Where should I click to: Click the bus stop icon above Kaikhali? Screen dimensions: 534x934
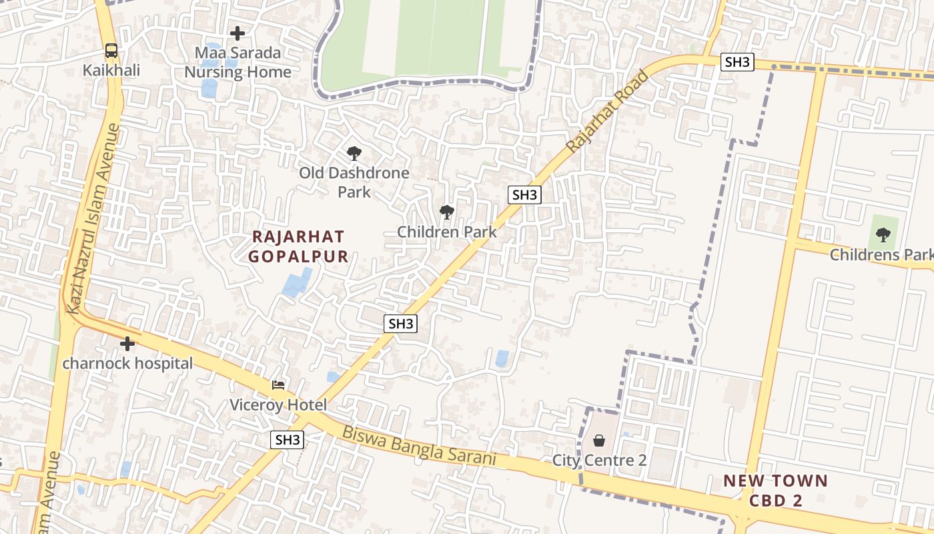click(111, 51)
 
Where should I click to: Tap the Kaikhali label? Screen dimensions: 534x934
click(111, 70)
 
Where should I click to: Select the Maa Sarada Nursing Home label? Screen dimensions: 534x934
click(238, 62)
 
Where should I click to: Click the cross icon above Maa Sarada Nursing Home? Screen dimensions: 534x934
click(238, 33)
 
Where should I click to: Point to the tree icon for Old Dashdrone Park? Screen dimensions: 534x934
click(354, 154)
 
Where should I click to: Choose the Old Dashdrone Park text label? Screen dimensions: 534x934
click(354, 182)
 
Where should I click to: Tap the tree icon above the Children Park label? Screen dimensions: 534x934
click(446, 212)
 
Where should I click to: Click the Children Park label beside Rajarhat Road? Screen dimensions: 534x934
click(446, 232)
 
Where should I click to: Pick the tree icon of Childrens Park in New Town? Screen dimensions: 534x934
click(883, 234)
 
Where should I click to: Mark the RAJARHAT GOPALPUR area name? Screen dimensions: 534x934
click(298, 246)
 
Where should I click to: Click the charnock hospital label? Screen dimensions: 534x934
click(127, 364)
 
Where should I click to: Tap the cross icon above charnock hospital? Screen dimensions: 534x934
click(127, 344)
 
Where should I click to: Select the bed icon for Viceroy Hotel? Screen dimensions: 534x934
click(278, 385)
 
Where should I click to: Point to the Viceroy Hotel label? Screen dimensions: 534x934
click(278, 405)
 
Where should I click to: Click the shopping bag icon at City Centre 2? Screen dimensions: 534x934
click(599, 441)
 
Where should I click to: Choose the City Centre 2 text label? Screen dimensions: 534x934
click(599, 461)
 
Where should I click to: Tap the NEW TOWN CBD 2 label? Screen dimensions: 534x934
click(775, 490)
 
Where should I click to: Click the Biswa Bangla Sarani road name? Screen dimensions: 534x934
click(420, 446)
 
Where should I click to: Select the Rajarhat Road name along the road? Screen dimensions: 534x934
click(607, 111)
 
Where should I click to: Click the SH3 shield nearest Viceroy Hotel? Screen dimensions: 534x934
click(288, 440)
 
